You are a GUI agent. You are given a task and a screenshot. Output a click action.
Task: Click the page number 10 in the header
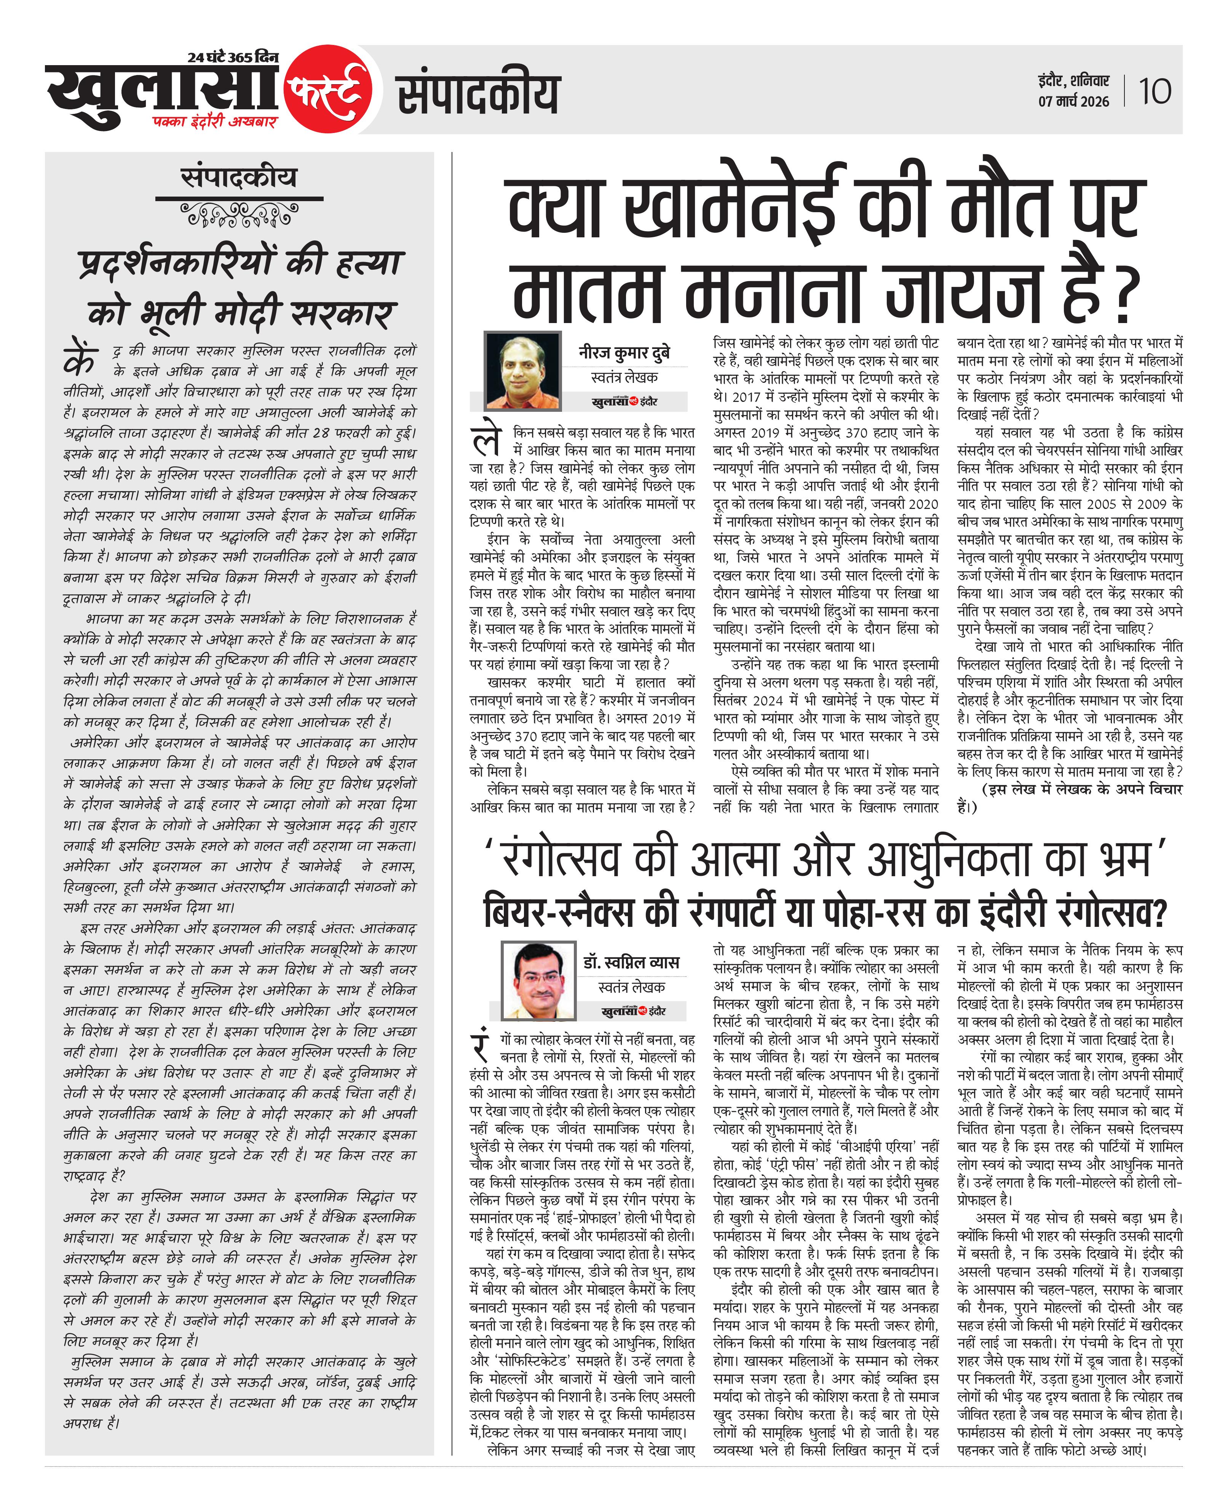pyautogui.click(x=1155, y=91)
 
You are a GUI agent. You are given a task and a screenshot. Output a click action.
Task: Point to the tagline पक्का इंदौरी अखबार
pyautogui.click(x=214, y=122)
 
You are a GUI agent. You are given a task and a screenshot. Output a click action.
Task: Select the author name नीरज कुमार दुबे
pyautogui.click(x=624, y=352)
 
